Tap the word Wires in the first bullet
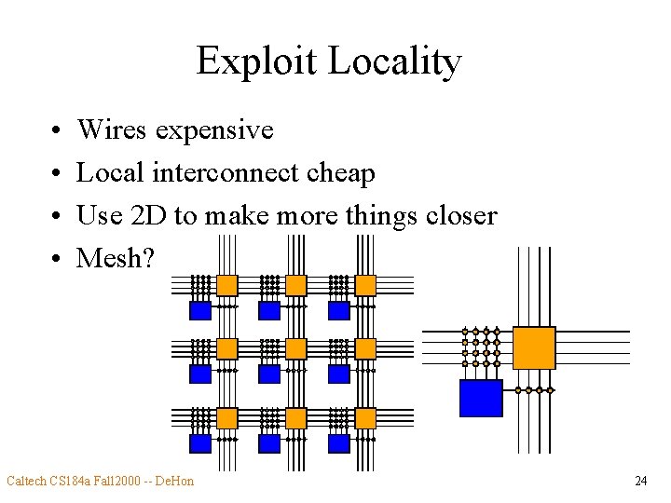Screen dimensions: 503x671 (x=112, y=129)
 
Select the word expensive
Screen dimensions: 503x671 (x=214, y=129)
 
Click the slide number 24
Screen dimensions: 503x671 (x=640, y=481)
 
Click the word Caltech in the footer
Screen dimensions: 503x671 (x=28, y=481)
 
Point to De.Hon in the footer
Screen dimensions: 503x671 (x=174, y=481)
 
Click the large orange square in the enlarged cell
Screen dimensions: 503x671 (x=534, y=347)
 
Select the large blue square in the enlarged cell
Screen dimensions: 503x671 (x=481, y=398)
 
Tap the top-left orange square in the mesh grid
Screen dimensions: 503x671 (x=226, y=285)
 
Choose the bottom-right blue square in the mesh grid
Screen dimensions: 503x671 (x=338, y=443)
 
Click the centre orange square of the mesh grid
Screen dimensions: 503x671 (x=295, y=348)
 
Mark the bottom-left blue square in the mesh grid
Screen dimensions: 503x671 (x=200, y=443)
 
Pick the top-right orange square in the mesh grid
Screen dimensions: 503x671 (x=364, y=285)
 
